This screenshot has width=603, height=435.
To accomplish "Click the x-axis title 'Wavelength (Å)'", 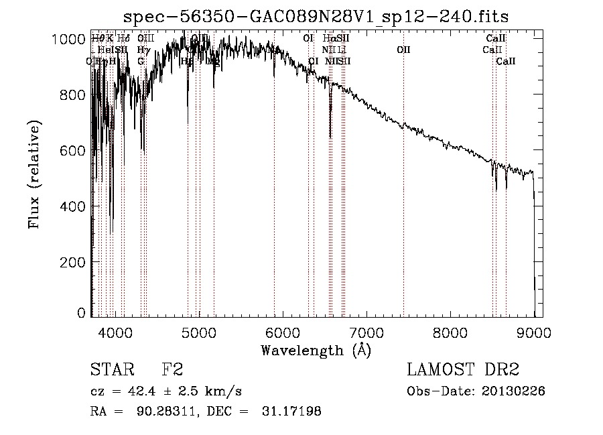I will pyautogui.click(x=316, y=350).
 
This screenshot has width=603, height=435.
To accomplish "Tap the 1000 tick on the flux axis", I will pyautogui.click(x=68, y=40).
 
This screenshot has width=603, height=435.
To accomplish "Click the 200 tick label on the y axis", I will pyautogui.click(x=74, y=261).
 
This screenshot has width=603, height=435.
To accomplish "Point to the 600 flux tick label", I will pyautogui.click(x=74, y=151).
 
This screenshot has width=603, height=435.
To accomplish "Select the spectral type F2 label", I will pyautogui.click(x=172, y=370).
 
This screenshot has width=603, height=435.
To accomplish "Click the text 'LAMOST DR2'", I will pyautogui.click(x=462, y=370).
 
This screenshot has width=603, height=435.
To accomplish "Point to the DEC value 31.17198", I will pyautogui.click(x=290, y=412).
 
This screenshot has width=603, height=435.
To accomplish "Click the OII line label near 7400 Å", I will pyautogui.click(x=403, y=50).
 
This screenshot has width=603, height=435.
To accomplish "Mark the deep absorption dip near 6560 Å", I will pyautogui.click(x=330, y=134).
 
